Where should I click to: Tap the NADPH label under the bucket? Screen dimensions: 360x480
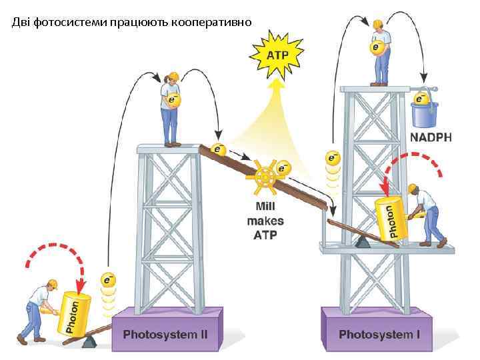(x=430, y=138)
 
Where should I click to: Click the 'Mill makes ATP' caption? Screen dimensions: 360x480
(x=265, y=220)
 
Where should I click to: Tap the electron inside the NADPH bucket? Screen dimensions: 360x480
(x=421, y=99)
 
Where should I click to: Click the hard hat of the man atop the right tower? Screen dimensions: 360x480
(x=377, y=25)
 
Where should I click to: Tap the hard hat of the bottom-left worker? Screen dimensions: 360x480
(x=44, y=283)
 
